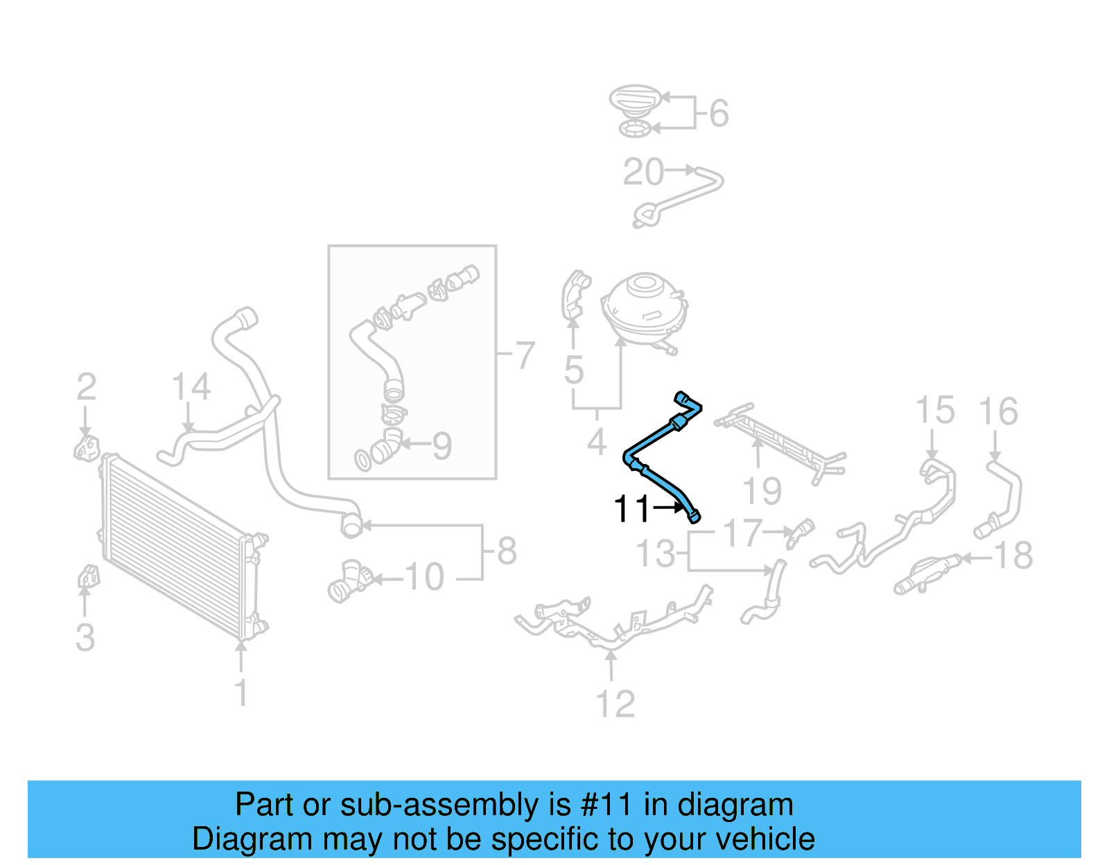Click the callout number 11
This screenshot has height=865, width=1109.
point(631,510)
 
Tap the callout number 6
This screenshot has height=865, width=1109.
point(719,114)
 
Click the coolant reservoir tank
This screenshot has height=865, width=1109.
point(644,308)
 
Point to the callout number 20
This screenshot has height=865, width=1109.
point(643,172)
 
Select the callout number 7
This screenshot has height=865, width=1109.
point(525,356)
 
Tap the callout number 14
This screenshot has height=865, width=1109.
point(191,387)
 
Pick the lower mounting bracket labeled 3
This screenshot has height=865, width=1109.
point(87,576)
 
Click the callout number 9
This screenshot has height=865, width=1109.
point(442,446)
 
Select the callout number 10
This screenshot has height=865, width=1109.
point(423,577)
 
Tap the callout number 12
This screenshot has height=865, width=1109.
point(615,704)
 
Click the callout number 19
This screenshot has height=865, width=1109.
point(762,492)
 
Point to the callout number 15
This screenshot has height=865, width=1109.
point(934,411)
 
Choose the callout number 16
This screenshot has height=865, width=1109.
point(997,412)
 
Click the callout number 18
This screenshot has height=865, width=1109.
point(1013,555)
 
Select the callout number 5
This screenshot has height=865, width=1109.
point(573,371)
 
